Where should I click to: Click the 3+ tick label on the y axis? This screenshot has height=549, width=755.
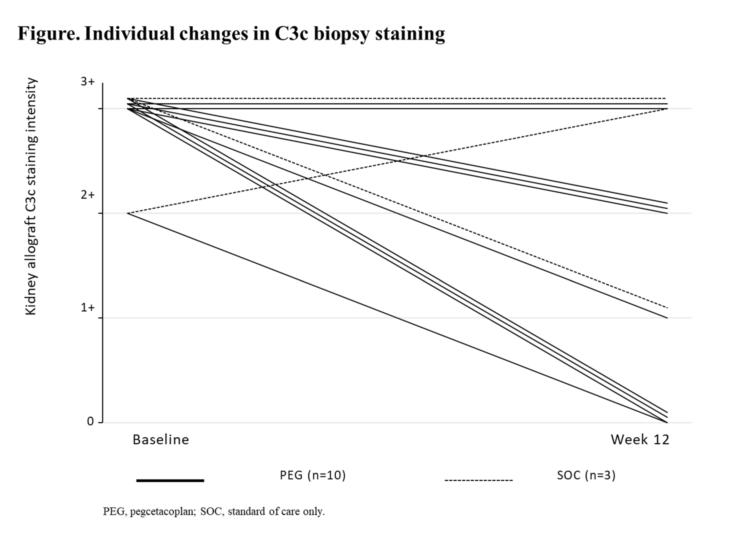88,82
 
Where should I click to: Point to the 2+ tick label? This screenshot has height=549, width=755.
88,195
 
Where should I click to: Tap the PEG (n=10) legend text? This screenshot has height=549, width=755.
313,475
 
